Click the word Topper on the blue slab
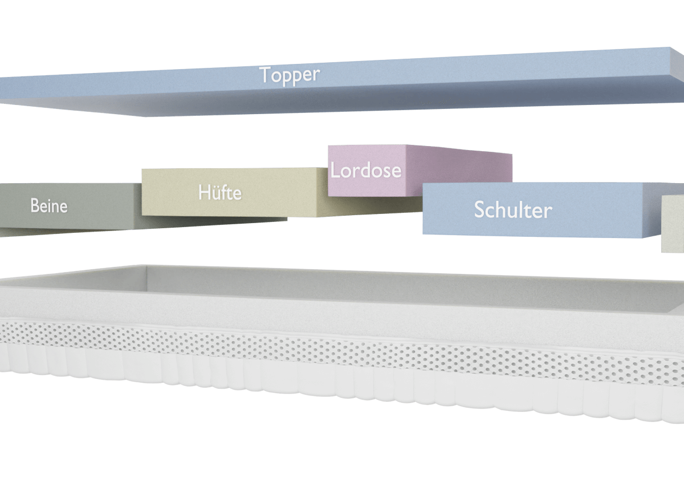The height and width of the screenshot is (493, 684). [x=290, y=75]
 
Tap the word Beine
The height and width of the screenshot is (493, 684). [x=49, y=205]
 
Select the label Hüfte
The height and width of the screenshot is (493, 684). [x=220, y=192]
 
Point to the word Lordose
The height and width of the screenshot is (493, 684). [x=366, y=170]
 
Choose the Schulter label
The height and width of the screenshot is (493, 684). [x=513, y=210]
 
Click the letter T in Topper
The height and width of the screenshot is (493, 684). [x=264, y=74]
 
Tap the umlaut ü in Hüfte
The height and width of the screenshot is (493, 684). [x=217, y=193]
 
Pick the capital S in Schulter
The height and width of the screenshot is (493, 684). [x=481, y=210]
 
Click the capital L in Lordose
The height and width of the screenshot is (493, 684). [x=335, y=170]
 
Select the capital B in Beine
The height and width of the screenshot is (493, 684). [x=34, y=205]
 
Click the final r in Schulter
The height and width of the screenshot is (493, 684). [x=548, y=211]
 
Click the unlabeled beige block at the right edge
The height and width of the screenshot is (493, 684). [x=673, y=223]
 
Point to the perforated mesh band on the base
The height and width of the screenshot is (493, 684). [x=342, y=348]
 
